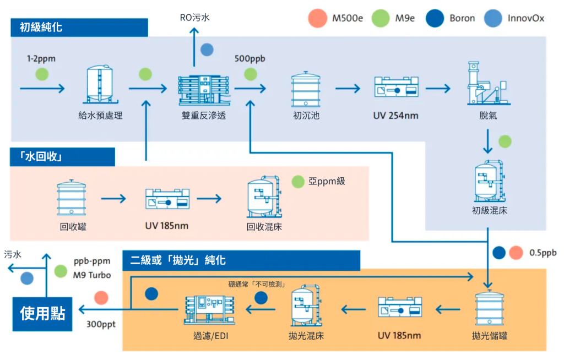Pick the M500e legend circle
318,18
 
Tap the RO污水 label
194,18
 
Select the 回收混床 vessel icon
264,197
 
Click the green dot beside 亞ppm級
298,181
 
